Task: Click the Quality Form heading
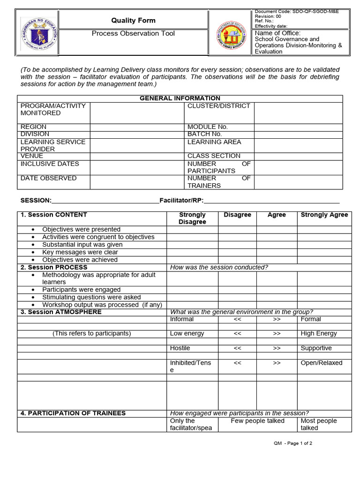click(133, 20)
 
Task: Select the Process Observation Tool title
click(133, 33)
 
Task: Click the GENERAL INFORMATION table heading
click(180, 98)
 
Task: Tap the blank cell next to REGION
click(136, 127)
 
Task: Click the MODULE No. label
click(207, 127)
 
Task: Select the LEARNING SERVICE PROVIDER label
click(52, 145)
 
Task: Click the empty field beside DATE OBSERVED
click(136, 182)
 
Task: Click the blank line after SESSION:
click(105, 200)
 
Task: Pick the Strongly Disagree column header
click(192, 218)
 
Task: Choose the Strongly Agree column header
click(324, 215)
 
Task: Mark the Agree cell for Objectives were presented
click(277, 230)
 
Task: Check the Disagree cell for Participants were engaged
click(237, 290)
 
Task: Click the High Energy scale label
click(318, 333)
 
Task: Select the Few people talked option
click(257, 421)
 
